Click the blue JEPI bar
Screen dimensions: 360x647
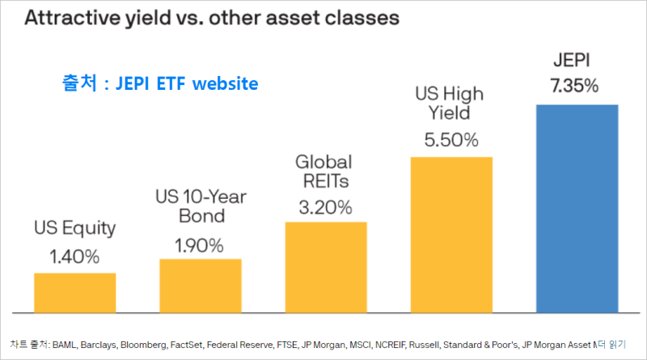(x=577, y=208)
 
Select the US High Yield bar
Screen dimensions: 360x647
(x=451, y=234)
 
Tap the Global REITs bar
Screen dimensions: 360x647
(x=326, y=266)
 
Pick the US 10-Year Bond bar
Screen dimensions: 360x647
(x=200, y=285)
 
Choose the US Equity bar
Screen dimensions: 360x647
(x=74, y=292)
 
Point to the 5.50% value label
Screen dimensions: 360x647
(x=451, y=139)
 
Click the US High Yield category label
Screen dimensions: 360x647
(x=451, y=104)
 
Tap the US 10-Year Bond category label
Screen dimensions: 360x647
(x=200, y=207)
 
